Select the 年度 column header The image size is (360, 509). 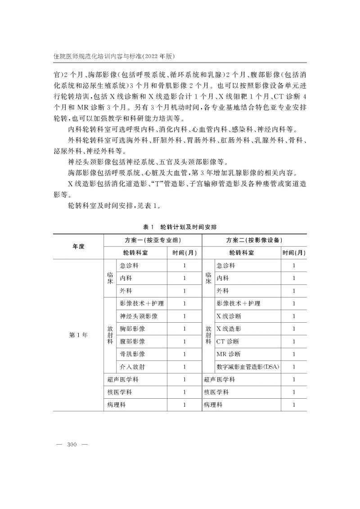point(78,246)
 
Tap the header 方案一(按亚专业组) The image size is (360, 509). point(153,240)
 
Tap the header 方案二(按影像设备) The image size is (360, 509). point(255,240)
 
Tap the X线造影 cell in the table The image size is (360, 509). point(229,329)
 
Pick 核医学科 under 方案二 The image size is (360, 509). point(216,392)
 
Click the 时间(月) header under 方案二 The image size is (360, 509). point(294,253)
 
